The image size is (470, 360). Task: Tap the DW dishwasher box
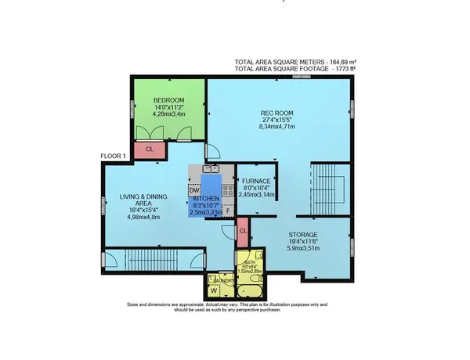point(194,190)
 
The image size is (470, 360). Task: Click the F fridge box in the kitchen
point(228,211)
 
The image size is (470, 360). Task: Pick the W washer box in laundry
point(213,293)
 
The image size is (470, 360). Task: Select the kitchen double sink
point(209,168)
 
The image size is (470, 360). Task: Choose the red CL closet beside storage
point(243,231)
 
